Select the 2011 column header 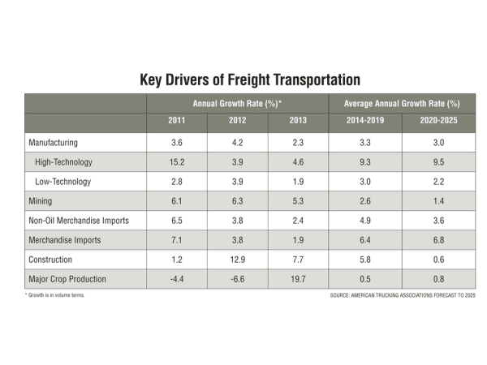pos(176,123)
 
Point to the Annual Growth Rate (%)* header pos(237,104)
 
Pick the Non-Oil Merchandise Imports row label pos(80,221)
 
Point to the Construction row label pos(51,260)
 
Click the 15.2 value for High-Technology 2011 pos(176,162)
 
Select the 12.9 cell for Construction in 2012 pos(237,260)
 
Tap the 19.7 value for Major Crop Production pos(297,279)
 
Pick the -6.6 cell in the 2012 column pos(237,279)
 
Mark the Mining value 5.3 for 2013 pos(297,201)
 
